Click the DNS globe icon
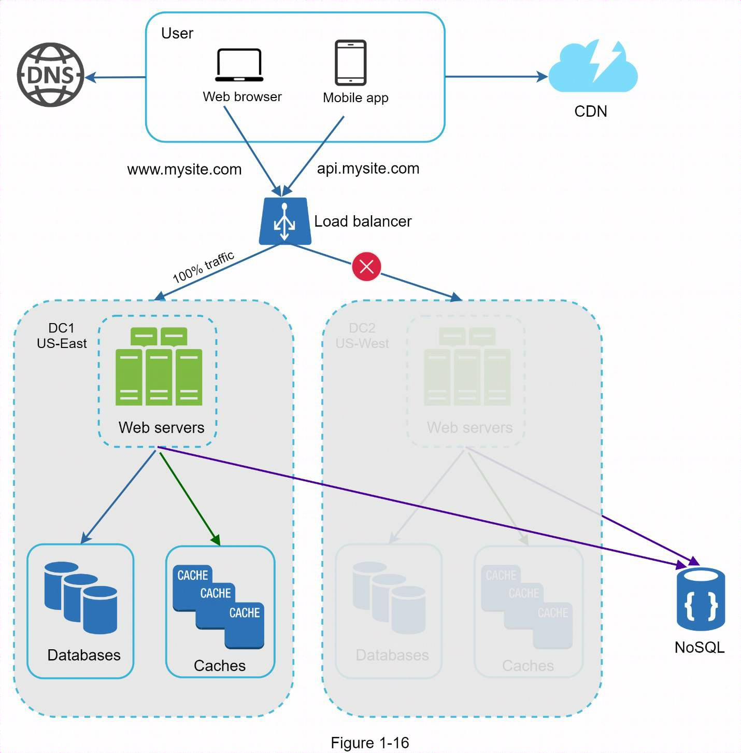pyautogui.click(x=50, y=75)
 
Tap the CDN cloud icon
pyautogui.click(x=593, y=67)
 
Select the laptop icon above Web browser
pyautogui.click(x=239, y=65)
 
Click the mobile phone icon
pyautogui.click(x=350, y=63)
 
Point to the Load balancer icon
pyautogui.click(x=285, y=221)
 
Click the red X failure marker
pyautogui.click(x=366, y=267)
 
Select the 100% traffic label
pyautogui.click(x=203, y=267)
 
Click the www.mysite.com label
pyautogui.click(x=184, y=170)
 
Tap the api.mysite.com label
pyautogui.click(x=368, y=169)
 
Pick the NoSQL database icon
pyautogui.click(x=701, y=599)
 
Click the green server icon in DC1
pyautogui.click(x=159, y=367)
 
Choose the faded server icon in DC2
pyautogui.click(x=467, y=367)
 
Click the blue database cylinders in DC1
pyautogui.click(x=81, y=598)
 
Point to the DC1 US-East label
pyautogui.click(x=62, y=336)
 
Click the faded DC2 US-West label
pyautogui.click(x=362, y=336)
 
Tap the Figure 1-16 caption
pyautogui.click(x=369, y=743)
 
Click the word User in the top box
pyautogui.click(x=177, y=33)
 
